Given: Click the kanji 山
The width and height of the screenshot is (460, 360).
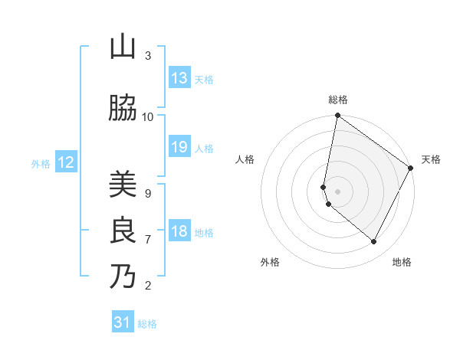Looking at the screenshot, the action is point(123,47).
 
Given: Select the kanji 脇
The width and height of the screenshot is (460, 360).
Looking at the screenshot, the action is point(123,109).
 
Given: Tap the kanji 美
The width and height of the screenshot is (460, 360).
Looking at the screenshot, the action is point(123,185).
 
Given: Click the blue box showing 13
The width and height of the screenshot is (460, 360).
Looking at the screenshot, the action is point(179,78).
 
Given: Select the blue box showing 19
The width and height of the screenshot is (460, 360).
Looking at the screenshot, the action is point(179,147).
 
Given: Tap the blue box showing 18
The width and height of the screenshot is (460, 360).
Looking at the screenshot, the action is point(179,231).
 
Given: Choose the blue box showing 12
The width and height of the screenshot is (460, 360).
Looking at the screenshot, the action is point(66,162).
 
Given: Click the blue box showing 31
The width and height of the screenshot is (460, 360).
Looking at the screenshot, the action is point(123,323).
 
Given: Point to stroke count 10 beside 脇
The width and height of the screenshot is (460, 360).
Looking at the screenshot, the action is point(148,116).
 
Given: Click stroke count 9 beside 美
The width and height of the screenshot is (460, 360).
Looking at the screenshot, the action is point(147,193).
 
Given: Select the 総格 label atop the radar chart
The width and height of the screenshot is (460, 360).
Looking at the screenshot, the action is point(338,100).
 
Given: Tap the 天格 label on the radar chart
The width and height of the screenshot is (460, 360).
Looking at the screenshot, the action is point(431,159).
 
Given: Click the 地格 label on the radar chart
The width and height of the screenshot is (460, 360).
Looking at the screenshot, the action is point(402,262).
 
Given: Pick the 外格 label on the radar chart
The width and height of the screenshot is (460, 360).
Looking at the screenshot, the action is point(270,262).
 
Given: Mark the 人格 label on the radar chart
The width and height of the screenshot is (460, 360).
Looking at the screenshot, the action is point(245,159).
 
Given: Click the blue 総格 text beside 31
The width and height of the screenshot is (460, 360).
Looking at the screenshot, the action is point(147,324).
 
